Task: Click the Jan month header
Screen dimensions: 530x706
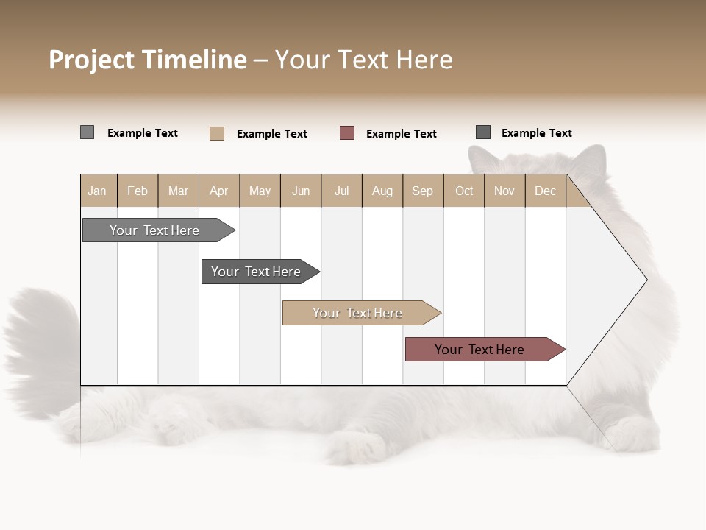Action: point(97,191)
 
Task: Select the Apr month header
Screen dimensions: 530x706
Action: point(218,191)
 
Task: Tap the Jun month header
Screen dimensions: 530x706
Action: point(301,191)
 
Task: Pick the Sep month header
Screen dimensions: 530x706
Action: point(422,191)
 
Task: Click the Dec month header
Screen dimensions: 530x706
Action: point(545,191)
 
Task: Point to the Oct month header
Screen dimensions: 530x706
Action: point(464,191)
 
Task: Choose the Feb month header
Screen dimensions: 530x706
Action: point(138,191)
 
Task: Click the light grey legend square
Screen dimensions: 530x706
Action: point(87,132)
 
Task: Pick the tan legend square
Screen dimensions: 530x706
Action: point(217,133)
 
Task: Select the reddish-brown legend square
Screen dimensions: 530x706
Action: point(347,133)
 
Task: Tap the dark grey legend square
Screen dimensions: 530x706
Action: point(483,132)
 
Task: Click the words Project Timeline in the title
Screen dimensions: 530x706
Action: point(147,60)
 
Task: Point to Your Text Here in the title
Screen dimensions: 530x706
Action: point(363,60)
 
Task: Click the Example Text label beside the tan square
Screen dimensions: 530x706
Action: point(272,134)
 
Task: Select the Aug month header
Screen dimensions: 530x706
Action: point(382,191)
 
